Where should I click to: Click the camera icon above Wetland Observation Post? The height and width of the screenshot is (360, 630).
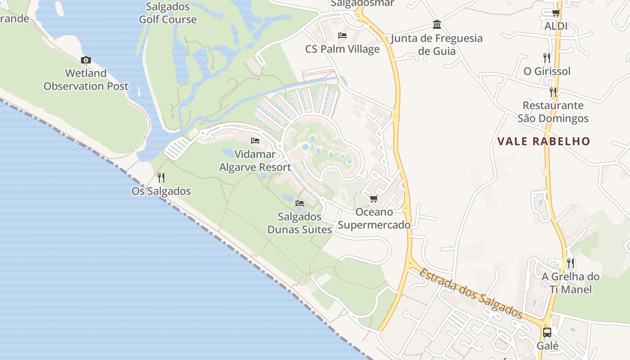point(86,60)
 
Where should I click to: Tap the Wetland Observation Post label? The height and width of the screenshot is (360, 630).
point(86,80)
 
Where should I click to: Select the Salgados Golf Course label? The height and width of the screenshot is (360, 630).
point(167,13)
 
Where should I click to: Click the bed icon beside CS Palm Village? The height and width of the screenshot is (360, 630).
point(342,36)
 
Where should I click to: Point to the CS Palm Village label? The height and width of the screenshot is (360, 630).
point(342,49)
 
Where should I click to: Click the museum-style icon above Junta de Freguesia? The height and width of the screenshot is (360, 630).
point(436,24)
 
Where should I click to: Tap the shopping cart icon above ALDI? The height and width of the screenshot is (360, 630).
point(556,13)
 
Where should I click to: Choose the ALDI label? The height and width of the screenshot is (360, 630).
point(556,26)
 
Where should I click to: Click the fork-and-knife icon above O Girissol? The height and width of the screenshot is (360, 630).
point(547,58)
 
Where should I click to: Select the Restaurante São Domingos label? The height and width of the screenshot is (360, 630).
point(553,112)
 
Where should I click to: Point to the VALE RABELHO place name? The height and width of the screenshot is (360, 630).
point(544,141)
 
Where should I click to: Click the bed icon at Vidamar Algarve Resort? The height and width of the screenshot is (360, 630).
point(255,141)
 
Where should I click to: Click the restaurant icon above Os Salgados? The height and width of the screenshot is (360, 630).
point(161,178)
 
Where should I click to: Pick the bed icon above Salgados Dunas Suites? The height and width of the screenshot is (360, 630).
point(300,203)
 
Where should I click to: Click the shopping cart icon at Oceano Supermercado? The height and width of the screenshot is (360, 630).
point(373,199)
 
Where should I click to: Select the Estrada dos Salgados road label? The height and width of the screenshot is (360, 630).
point(472,293)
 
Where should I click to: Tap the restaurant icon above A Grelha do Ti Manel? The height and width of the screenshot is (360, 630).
point(570,263)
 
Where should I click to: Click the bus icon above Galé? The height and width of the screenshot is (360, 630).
point(547,333)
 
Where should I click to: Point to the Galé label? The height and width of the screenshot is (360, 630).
point(548,346)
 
